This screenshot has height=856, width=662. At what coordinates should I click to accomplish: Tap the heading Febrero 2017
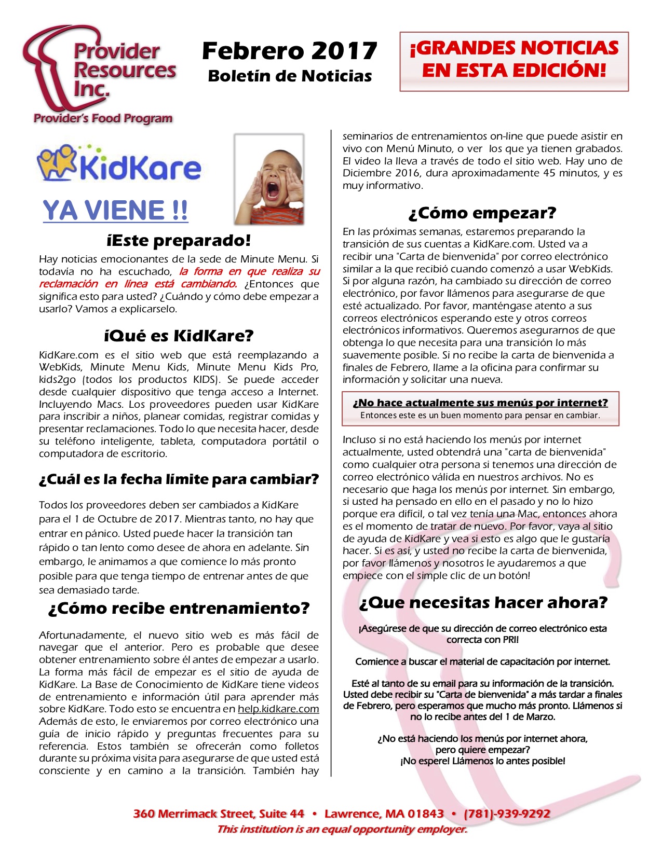point(289,51)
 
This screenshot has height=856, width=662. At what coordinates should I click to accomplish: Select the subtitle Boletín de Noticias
point(290,76)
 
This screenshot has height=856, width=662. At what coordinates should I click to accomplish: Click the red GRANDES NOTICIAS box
point(514,61)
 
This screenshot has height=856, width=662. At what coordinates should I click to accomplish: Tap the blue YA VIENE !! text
point(115,211)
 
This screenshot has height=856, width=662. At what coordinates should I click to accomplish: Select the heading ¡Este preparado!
point(179,241)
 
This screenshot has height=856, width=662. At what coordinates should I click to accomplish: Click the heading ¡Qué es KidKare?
point(179,336)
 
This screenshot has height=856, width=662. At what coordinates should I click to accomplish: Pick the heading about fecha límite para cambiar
point(179,479)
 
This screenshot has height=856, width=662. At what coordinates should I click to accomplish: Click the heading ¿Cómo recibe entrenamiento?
point(179,609)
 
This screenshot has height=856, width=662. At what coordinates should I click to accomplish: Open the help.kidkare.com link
point(278,709)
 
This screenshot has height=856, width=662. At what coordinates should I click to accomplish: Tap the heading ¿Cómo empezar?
point(482,213)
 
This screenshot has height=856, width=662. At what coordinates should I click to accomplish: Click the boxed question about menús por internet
point(480,403)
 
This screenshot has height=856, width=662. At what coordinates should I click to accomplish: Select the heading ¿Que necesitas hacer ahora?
point(483,603)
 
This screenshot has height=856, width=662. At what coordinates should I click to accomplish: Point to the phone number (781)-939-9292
point(507,813)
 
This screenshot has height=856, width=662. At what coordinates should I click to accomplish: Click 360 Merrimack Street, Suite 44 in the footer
point(219,813)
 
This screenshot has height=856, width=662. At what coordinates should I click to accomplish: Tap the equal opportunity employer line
point(342,829)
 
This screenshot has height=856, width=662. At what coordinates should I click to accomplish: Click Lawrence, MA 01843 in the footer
point(384,813)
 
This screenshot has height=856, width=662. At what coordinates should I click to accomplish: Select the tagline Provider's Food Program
point(103,118)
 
